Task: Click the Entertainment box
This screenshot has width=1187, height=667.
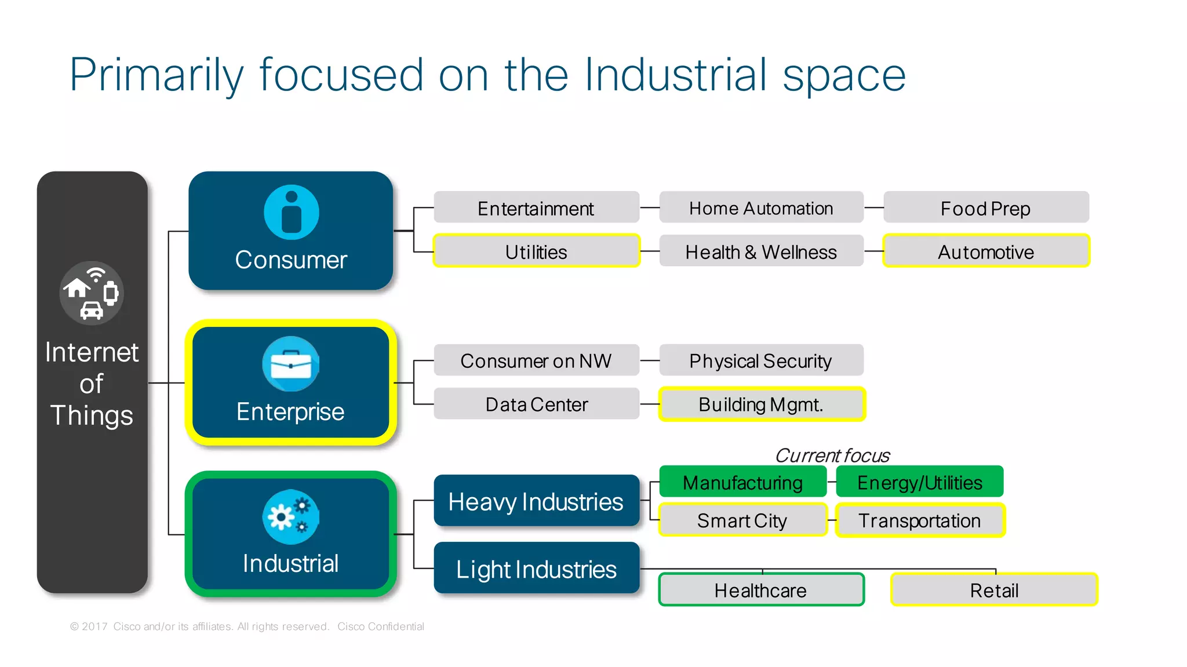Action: tap(536, 207)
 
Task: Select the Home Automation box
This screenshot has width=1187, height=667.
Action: tap(761, 207)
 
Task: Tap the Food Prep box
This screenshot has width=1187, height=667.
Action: tap(986, 207)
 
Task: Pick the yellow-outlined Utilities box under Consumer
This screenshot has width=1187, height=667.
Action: tap(536, 251)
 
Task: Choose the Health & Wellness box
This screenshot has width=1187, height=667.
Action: tap(761, 251)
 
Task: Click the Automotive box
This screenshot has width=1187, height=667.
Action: tap(986, 251)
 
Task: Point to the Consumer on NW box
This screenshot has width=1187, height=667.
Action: tap(536, 360)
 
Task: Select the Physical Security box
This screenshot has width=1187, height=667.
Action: tap(761, 360)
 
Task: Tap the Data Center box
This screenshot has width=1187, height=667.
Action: tap(536, 404)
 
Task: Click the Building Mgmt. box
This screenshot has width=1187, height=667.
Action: tap(762, 404)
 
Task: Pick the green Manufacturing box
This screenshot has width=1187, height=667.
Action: tap(743, 482)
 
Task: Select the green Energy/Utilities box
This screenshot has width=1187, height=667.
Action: tap(920, 482)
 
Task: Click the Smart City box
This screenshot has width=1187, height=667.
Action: tap(742, 520)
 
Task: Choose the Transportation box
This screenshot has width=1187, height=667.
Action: tap(920, 520)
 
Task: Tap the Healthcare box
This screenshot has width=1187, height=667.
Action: tap(761, 590)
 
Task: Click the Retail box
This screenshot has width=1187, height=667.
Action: tap(994, 590)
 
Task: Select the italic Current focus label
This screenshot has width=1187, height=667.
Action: tap(832, 455)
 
